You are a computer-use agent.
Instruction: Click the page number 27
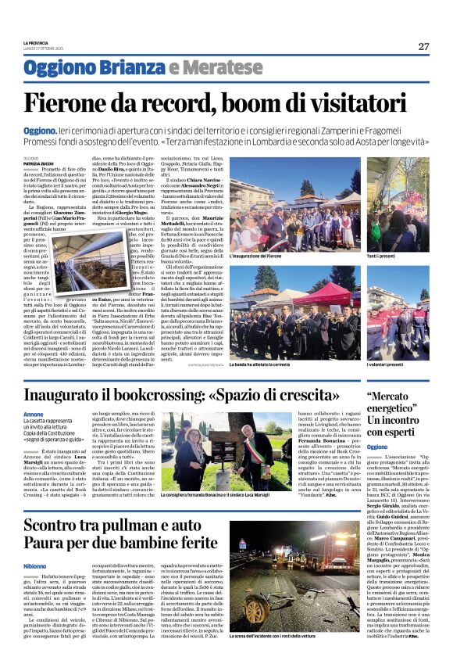point(423,46)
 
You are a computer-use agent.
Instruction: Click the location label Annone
point(34,415)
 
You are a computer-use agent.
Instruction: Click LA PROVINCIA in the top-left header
point(36,42)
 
